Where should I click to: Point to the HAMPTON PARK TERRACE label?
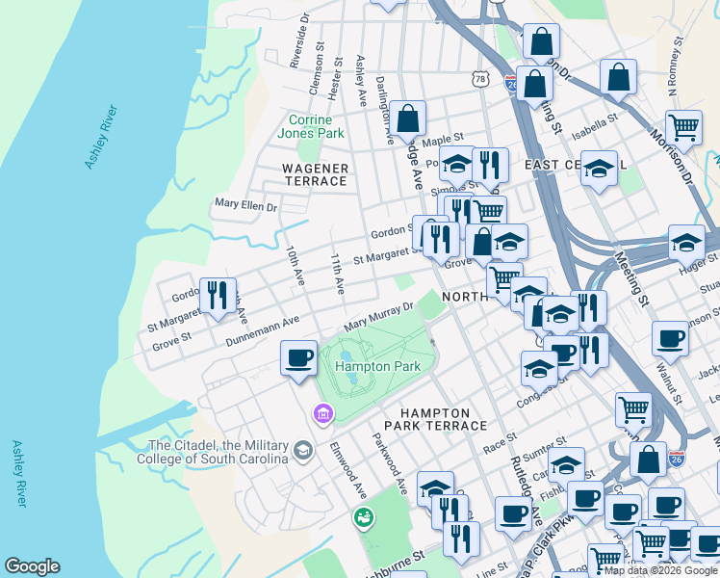coord(435,425)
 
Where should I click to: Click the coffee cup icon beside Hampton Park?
coord(298,357)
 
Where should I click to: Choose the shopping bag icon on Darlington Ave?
coord(408,118)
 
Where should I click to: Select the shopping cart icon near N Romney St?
coord(683,126)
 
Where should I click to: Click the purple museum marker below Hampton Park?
coord(321,414)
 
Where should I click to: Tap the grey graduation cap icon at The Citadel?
coord(303,451)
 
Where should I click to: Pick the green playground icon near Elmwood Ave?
coord(364,518)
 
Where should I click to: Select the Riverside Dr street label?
coord(297,41)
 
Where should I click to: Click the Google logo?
coord(32,566)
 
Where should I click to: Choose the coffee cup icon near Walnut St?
coord(671,338)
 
